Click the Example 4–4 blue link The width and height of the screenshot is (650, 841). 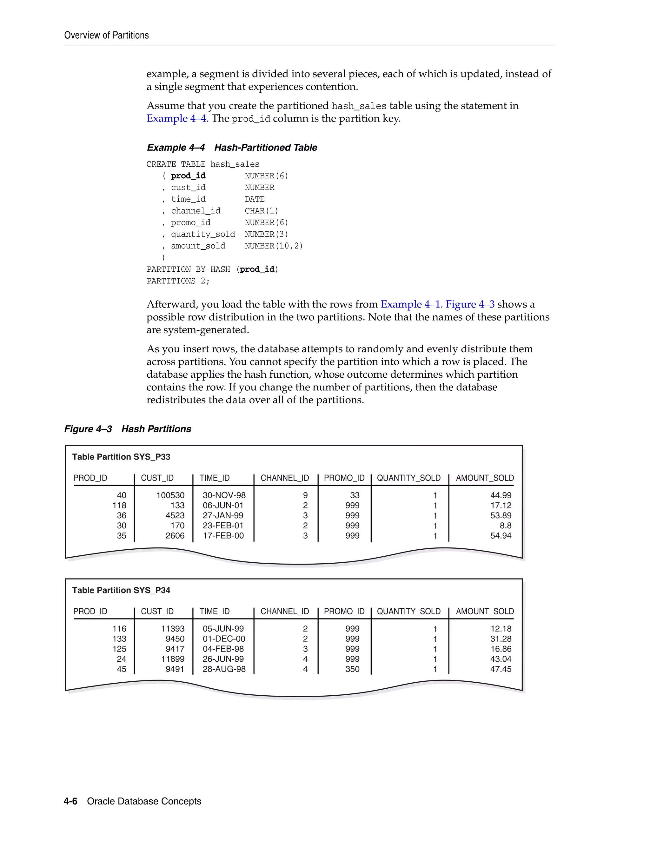pyautogui.click(x=176, y=118)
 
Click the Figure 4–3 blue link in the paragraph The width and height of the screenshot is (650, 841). pyautogui.click(x=470, y=304)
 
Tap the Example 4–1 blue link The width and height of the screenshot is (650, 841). pyautogui.click(x=410, y=304)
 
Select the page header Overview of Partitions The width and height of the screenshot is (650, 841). pyautogui.click(x=106, y=36)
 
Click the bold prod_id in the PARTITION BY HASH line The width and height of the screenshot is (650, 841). pyautogui.click(x=257, y=269)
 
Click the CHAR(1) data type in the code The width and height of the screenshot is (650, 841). pyautogui.click(x=262, y=211)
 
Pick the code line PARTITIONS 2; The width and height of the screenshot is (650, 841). pyautogui.click(x=178, y=281)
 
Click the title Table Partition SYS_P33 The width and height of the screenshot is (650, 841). pyautogui.click(x=121, y=457)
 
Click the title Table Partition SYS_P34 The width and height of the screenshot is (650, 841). pyautogui.click(x=121, y=590)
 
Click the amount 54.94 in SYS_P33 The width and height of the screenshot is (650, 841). pyautogui.click(x=501, y=536)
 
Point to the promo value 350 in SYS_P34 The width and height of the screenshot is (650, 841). pyautogui.click(x=352, y=669)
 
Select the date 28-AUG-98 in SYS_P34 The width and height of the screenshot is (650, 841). pyautogui.click(x=224, y=669)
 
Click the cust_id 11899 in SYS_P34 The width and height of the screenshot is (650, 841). pyautogui.click(x=173, y=659)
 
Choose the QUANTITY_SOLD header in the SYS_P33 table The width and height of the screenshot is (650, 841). pyautogui.click(x=408, y=478)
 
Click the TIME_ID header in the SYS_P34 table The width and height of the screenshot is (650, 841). pyautogui.click(x=215, y=612)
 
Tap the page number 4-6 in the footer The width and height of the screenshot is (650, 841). pyautogui.click(x=70, y=801)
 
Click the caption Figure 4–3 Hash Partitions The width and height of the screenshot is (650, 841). pyautogui.click(x=128, y=429)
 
